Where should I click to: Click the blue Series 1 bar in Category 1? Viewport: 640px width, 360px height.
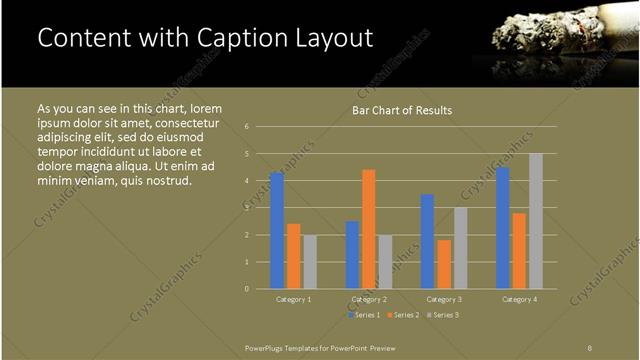(277, 231)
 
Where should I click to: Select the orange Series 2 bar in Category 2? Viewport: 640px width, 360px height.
(369, 229)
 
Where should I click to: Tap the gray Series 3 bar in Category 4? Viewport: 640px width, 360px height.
(536, 221)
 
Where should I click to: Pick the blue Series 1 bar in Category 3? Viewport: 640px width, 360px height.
(428, 241)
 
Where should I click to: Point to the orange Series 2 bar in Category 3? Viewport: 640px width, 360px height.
(444, 264)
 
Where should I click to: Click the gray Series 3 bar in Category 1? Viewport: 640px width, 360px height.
(309, 262)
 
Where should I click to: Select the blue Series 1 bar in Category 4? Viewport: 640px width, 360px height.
(503, 228)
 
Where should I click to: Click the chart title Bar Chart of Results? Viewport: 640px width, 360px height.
(402, 110)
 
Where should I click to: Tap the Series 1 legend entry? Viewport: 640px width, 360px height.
(364, 314)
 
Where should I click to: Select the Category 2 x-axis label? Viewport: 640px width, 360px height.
(369, 299)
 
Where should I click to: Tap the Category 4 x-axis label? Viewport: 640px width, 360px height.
(520, 299)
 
